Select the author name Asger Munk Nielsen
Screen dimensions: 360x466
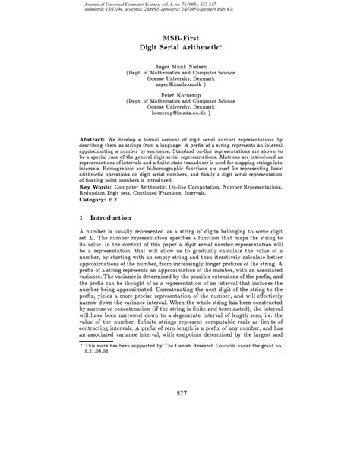(180, 67)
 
